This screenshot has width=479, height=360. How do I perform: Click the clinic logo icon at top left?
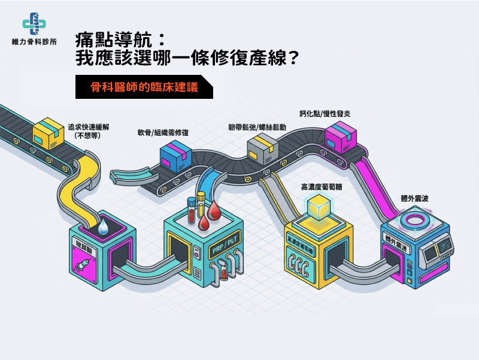34,24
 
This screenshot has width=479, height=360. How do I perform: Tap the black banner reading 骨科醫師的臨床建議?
144,87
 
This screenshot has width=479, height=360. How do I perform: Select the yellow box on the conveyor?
49,134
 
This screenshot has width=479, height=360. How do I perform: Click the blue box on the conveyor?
176,158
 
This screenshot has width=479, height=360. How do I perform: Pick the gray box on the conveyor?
263,148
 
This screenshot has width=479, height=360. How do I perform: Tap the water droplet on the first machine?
105,226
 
